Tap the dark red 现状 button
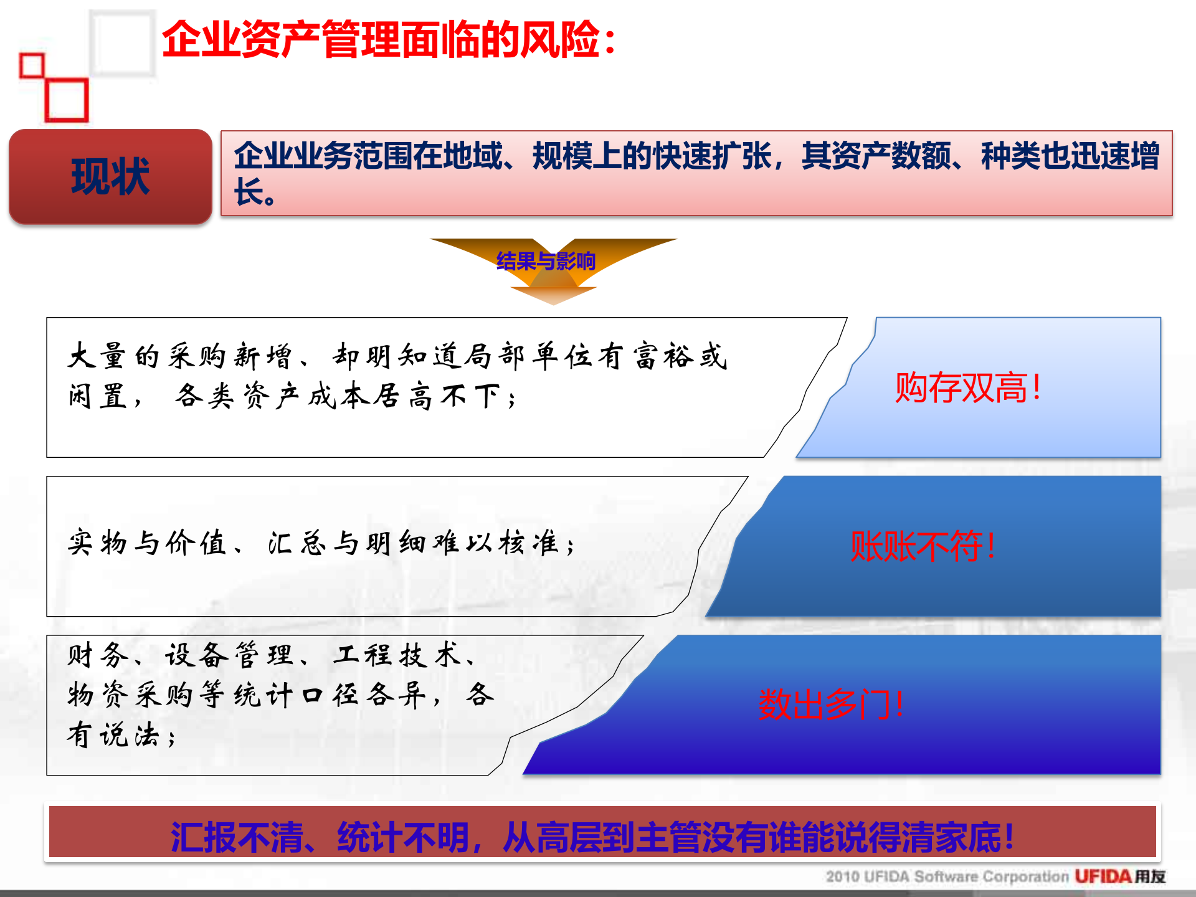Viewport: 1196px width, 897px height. tap(110, 177)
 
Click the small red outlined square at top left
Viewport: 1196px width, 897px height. tap(32, 65)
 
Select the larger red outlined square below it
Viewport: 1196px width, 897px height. tap(67, 100)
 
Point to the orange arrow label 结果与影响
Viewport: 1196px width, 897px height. tap(546, 261)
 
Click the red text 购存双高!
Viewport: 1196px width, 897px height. tap(967, 387)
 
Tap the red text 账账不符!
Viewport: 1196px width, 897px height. tap(923, 546)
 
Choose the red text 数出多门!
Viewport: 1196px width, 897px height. tap(830, 705)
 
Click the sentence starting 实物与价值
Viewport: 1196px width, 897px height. tap(321, 543)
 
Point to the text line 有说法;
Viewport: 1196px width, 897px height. tap(122, 735)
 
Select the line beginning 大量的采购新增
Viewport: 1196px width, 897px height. tap(397, 356)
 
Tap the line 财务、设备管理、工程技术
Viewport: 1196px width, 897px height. tap(272, 655)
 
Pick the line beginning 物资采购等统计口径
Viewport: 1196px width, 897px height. tap(280, 695)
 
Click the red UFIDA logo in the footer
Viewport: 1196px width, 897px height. tap(1102, 876)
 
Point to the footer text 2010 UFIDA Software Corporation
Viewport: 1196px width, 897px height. tap(947, 876)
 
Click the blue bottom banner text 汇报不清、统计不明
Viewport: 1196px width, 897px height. tap(592, 837)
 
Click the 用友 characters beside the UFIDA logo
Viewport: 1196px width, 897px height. tap(1150, 876)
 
